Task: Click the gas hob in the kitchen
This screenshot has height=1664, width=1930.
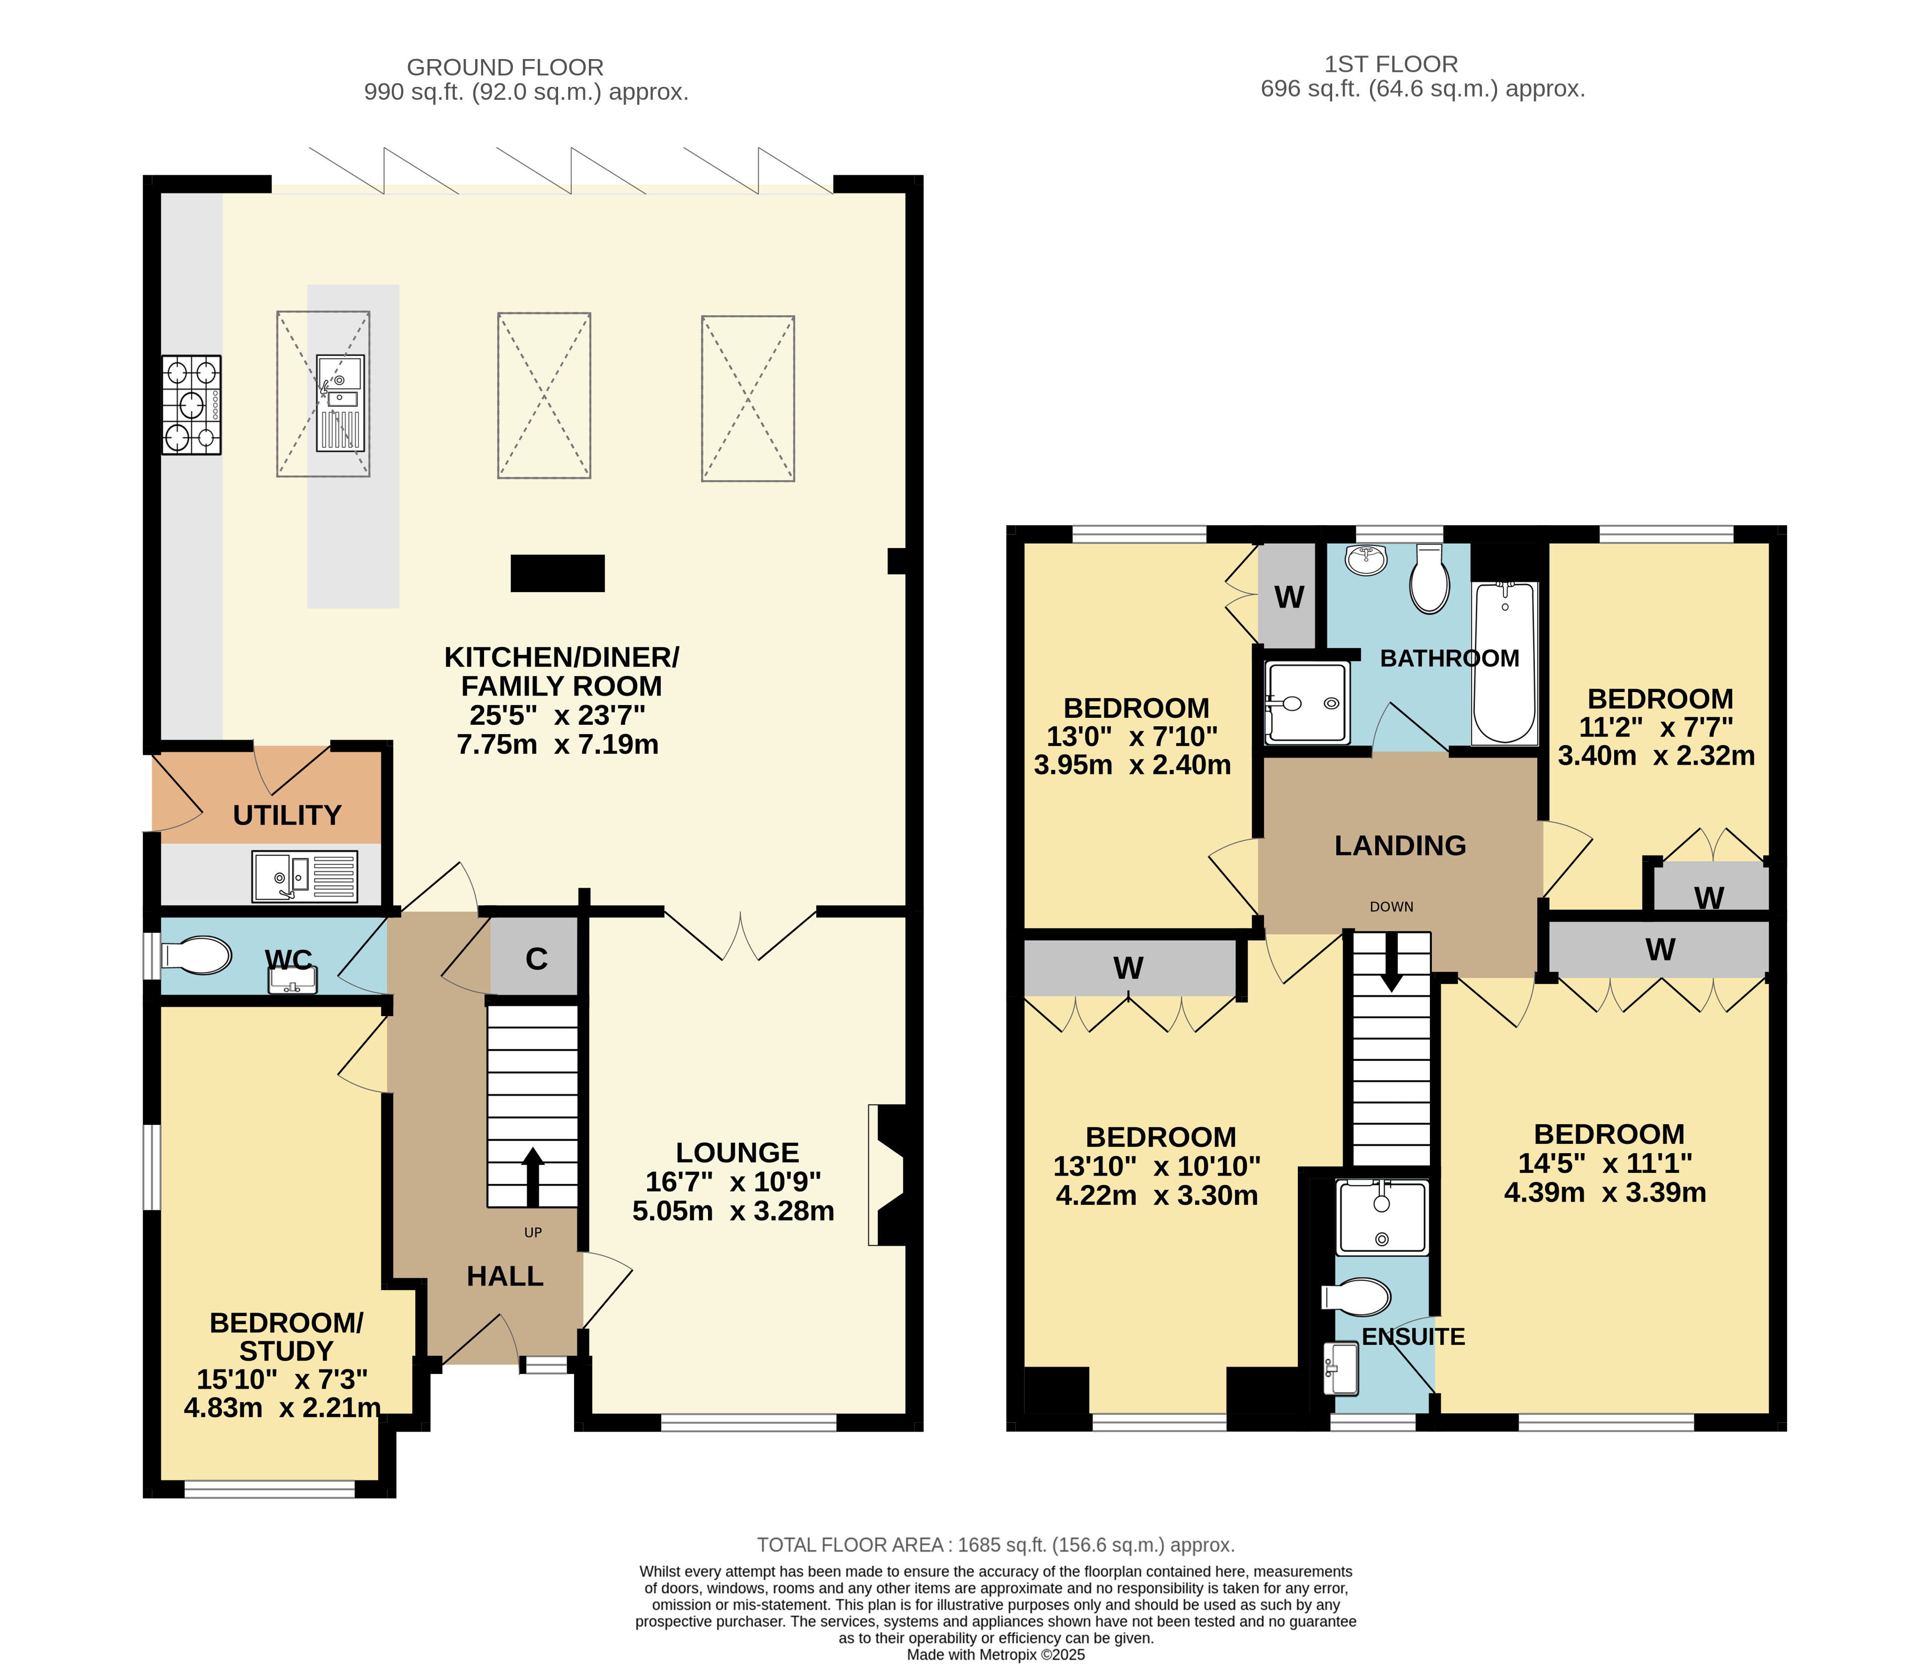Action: (x=192, y=405)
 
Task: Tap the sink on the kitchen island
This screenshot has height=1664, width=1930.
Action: (x=340, y=403)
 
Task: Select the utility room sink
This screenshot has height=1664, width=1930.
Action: (x=304, y=876)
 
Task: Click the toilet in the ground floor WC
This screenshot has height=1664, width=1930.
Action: (x=197, y=956)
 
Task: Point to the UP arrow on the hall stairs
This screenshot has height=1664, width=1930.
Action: (x=533, y=1177)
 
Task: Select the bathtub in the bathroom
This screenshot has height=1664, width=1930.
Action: (x=1504, y=663)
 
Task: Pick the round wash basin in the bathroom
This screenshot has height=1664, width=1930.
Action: (x=1366, y=559)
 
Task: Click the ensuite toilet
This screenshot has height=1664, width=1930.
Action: (x=1356, y=1297)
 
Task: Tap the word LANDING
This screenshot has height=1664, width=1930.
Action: (x=1400, y=845)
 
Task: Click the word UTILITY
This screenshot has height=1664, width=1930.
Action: (x=287, y=816)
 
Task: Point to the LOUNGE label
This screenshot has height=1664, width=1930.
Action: (x=737, y=1153)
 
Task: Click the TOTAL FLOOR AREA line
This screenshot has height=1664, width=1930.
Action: (x=996, y=1545)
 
